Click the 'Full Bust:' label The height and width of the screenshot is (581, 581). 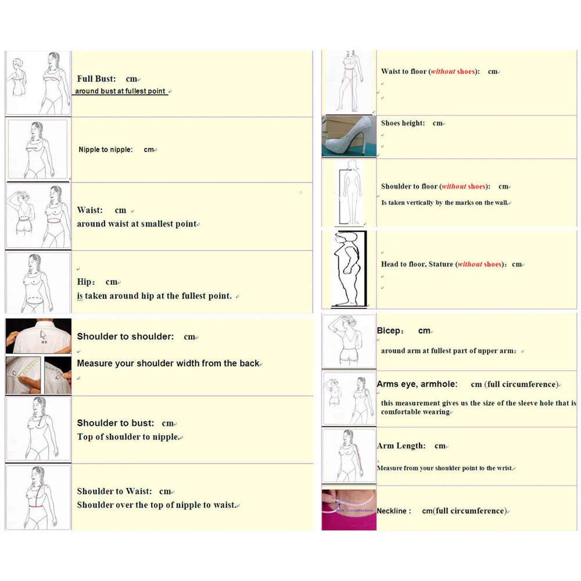coord(96,78)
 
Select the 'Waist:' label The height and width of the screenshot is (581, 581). coord(90,210)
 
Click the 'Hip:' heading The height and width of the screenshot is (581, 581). coord(85,282)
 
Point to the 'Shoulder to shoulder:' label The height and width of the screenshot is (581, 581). coord(125,336)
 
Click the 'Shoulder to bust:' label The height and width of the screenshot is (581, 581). coord(116,423)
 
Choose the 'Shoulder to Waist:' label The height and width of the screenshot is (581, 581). coord(114,491)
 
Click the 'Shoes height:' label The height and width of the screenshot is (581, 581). coord(403,123)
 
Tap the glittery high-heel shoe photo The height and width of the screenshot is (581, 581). coord(349,136)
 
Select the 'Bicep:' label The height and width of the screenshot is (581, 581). coord(389,331)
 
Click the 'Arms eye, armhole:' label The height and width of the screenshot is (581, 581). coord(417,384)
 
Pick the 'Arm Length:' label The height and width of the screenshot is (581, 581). coord(401,446)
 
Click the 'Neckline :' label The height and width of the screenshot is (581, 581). coord(393,511)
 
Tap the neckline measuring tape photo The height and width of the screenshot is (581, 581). coord(349,510)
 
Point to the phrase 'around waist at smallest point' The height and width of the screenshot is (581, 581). coord(137,224)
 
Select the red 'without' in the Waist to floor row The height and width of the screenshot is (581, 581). coord(443,71)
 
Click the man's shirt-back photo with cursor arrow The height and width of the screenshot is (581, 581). coord(38,336)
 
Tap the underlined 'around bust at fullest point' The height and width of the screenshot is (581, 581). coord(120,91)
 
